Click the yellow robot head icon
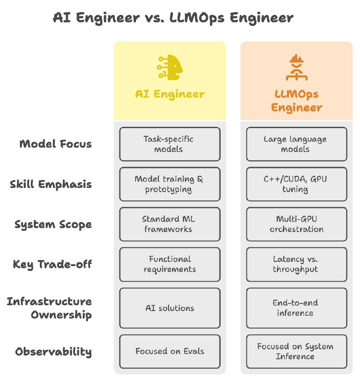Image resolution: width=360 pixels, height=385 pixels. [x=170, y=67]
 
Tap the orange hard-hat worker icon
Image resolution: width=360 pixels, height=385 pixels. [x=296, y=67]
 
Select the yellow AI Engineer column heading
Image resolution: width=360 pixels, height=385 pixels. [x=170, y=94]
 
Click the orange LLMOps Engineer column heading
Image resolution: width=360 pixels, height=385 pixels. [x=296, y=101]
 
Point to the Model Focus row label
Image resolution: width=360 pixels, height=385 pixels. [x=55, y=144]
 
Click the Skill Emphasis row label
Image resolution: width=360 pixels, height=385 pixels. [x=51, y=184]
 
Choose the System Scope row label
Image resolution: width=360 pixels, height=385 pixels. [x=53, y=225]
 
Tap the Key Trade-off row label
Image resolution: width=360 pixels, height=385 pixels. [x=52, y=264]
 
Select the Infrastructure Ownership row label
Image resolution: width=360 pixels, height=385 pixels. [x=49, y=308]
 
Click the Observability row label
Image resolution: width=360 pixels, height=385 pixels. [x=53, y=352]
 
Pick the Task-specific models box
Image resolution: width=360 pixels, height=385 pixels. [x=170, y=144]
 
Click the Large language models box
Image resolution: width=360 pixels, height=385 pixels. [x=296, y=144]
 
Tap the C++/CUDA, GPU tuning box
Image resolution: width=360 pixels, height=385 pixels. [x=296, y=184]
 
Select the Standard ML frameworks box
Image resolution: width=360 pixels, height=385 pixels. [x=170, y=224]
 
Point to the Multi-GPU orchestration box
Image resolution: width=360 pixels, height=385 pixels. [x=296, y=224]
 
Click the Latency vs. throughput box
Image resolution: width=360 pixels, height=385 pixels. [x=296, y=264]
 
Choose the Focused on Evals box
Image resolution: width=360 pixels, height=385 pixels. [x=170, y=351]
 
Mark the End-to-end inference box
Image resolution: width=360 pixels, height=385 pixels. [x=296, y=308]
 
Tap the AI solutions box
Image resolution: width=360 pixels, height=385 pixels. [x=170, y=308]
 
